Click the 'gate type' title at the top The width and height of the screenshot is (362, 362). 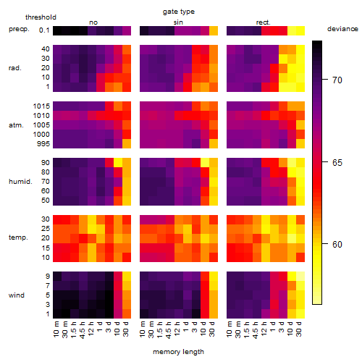pos(179,12)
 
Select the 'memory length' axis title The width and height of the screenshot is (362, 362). pos(178,352)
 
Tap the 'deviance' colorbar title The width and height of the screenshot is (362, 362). pos(342,29)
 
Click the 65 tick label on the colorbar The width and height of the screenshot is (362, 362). pos(337,163)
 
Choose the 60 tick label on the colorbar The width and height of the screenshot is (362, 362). pos(337,245)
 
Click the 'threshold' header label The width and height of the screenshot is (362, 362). pos(41,17)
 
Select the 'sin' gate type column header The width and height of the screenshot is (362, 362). pos(178,22)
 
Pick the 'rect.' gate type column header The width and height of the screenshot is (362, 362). pos(264,22)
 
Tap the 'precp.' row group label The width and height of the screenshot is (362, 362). pos(19,29)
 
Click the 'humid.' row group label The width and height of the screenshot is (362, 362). pos(20,181)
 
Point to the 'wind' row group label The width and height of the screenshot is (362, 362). pos(17,295)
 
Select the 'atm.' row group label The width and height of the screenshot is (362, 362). pos(16,125)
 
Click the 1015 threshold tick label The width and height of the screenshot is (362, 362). pos(41,106)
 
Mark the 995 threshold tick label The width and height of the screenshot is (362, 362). pos(43,144)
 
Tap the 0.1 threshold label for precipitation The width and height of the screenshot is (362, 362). pos(44,30)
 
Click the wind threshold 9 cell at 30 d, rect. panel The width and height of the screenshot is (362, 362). pos(300,276)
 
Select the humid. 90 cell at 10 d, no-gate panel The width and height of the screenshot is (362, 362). pos(118,163)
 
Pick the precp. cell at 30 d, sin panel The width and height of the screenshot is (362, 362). pos(214,30)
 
